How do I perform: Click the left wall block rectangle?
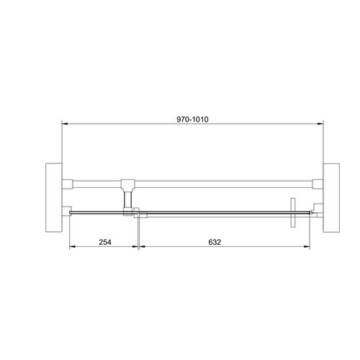(x=53, y=197)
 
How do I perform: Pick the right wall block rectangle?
(x=331, y=197)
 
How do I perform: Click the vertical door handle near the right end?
(x=293, y=214)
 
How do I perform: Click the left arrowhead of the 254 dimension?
(x=72, y=248)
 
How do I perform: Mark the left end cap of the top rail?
(x=67, y=181)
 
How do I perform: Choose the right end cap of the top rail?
(x=318, y=181)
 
